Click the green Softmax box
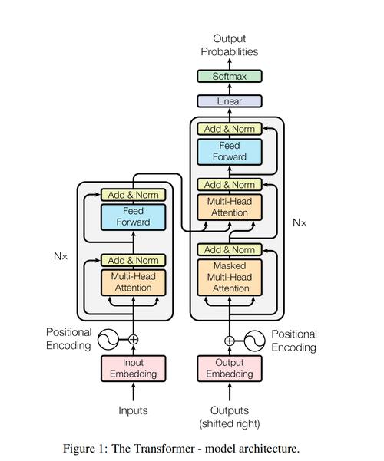tap(230, 76)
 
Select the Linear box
tap(230, 101)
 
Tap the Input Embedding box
tap(134, 368)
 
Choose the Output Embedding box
tap(230, 368)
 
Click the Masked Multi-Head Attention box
tap(230, 277)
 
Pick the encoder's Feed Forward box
tap(134, 217)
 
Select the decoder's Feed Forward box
tap(230, 152)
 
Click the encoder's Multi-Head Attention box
tap(134, 282)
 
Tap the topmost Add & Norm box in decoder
tap(230, 129)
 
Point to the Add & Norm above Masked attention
tap(230, 249)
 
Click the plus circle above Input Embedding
tap(134, 340)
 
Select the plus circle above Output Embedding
tap(230, 341)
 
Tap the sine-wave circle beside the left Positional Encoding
tap(108, 340)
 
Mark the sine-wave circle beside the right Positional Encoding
tap(255, 341)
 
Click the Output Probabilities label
tap(230, 45)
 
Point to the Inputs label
tap(133, 410)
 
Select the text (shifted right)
tap(230, 424)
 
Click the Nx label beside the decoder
tap(300, 223)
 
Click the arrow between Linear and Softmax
tap(230, 89)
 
